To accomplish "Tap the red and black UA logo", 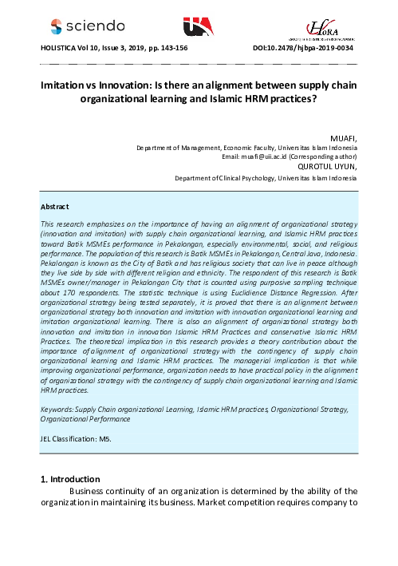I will [198, 27].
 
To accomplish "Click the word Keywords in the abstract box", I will [57, 409].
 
